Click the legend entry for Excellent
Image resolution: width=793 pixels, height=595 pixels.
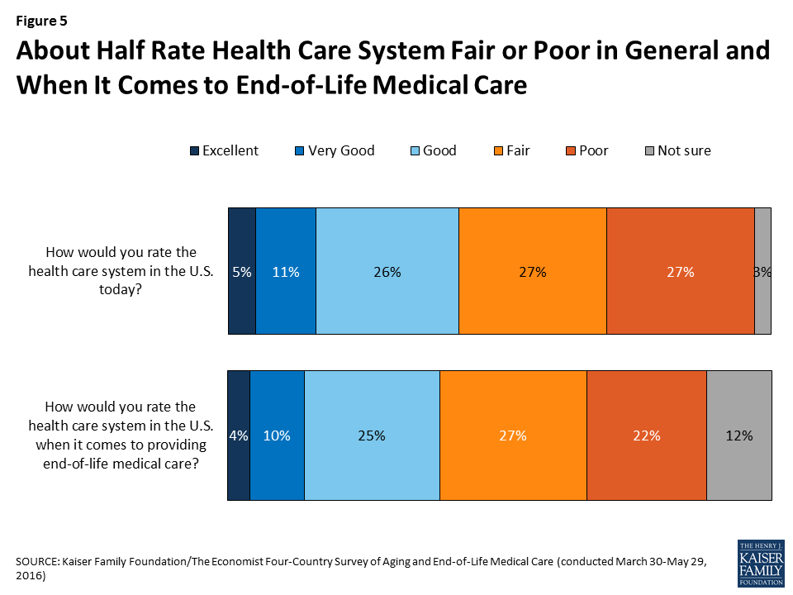[224, 150]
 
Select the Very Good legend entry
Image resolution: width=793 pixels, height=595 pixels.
[334, 150]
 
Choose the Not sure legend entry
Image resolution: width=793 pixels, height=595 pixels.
[677, 150]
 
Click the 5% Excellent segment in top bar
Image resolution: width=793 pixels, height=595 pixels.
[242, 271]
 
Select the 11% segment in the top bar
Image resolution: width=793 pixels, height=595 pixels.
[286, 271]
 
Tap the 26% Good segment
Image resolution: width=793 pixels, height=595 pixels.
[387, 271]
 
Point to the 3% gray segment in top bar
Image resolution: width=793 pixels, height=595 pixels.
[762, 271]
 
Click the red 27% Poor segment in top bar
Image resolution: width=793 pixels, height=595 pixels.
[680, 271]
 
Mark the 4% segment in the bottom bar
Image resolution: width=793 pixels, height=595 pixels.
[239, 436]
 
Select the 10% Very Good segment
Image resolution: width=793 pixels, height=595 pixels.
[277, 436]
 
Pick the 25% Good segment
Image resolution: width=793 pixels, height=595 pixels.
[372, 436]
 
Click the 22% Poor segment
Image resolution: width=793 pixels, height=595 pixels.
[646, 436]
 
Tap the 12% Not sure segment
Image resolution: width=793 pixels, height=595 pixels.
[738, 436]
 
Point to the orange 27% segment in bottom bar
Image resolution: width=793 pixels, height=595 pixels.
[513, 436]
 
